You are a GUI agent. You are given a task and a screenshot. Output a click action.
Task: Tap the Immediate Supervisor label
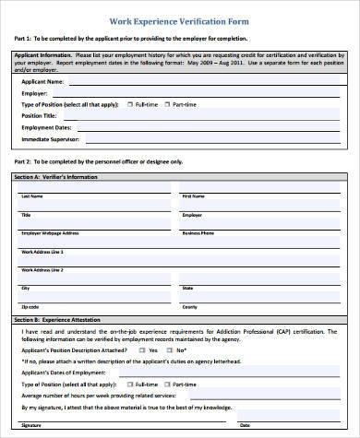pos(51,141)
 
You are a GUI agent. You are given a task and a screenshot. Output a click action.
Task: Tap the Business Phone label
pos(198,233)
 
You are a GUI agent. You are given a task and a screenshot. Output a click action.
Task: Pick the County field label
pos(189,306)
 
